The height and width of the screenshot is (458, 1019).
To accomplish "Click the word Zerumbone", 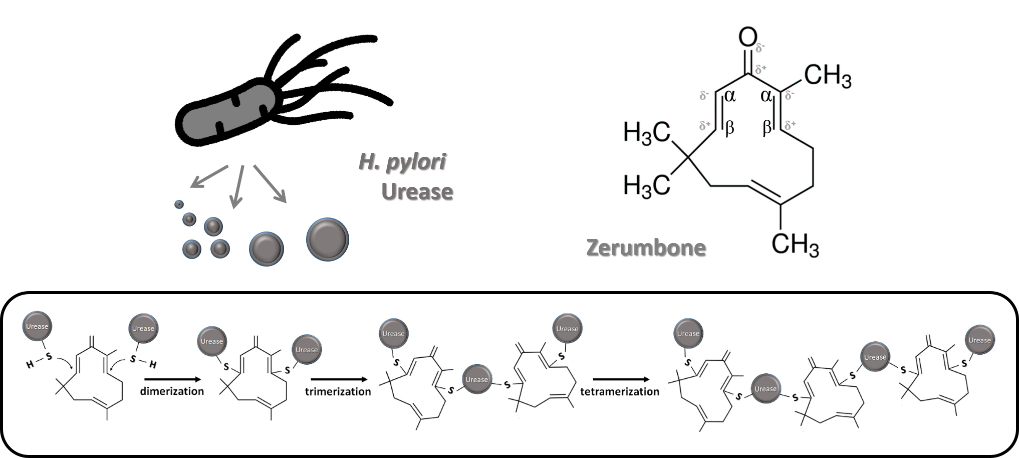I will (x=646, y=248).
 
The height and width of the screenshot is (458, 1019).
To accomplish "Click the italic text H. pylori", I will (x=402, y=162).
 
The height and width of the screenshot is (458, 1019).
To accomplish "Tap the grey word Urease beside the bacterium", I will (x=417, y=191).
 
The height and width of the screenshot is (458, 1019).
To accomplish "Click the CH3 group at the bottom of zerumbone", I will (x=795, y=245).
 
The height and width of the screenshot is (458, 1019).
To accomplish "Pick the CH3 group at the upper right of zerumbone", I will (x=827, y=76).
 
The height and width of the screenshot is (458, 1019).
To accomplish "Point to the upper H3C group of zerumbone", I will (x=647, y=133).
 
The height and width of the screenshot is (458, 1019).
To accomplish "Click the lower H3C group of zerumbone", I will (x=647, y=186).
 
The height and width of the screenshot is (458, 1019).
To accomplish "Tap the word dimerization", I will (x=172, y=391).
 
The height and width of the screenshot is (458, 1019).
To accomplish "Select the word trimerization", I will (x=338, y=392).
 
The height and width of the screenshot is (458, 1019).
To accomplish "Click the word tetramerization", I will (x=620, y=392).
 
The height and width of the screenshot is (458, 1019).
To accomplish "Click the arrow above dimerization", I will (x=172, y=379).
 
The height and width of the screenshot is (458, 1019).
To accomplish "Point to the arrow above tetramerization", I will (x=621, y=379).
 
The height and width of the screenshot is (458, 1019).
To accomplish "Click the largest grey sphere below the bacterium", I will (x=328, y=239).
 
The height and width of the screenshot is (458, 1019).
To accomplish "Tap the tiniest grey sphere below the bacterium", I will (x=179, y=204).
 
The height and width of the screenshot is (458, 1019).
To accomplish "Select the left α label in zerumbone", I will (x=730, y=96).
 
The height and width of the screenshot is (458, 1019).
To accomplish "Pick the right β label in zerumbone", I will (x=767, y=128).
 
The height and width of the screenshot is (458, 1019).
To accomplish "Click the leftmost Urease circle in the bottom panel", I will (x=37, y=326).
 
